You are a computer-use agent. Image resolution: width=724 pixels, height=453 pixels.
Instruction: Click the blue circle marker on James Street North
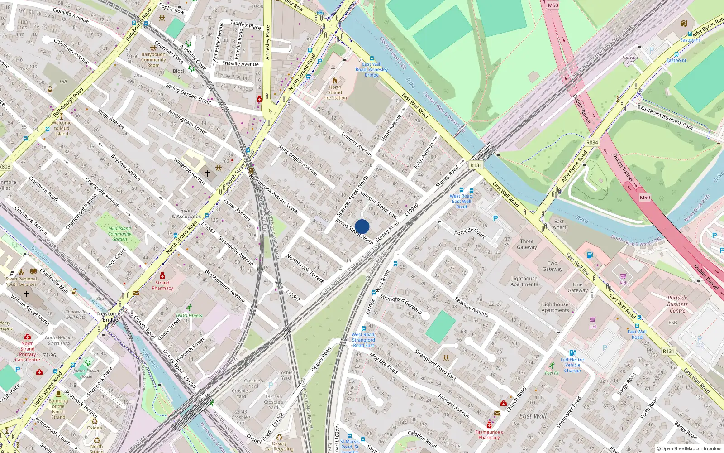pyautogui.click(x=362, y=226)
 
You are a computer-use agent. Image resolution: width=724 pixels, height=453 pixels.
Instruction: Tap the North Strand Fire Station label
pyautogui.click(x=335, y=92)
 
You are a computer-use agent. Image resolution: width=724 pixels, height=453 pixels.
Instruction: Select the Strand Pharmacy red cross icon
pyautogui.click(x=162, y=275)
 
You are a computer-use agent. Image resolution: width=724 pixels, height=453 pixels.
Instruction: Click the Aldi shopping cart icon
pyautogui.click(x=623, y=276)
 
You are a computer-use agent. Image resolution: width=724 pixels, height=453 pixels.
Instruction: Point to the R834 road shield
pyautogui.click(x=592, y=142)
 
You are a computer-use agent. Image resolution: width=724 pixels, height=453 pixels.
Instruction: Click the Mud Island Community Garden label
pyautogui.click(x=119, y=234)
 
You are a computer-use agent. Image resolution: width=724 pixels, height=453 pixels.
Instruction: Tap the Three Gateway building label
pyautogui.click(x=527, y=244)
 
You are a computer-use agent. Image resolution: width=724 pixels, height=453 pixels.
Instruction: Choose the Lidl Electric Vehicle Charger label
pyautogui.click(x=572, y=365)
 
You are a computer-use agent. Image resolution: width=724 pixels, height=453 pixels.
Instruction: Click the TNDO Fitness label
pyautogui.click(x=189, y=315)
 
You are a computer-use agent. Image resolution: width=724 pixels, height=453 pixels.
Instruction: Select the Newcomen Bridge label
pyautogui.click(x=110, y=316)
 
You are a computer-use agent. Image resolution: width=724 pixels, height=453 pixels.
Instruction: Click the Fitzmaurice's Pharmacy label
pyautogui.click(x=489, y=435)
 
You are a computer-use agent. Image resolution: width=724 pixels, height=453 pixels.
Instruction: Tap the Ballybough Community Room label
pyautogui.click(x=153, y=60)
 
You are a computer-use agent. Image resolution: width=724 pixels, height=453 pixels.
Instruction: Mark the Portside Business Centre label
pyautogui.click(x=677, y=304)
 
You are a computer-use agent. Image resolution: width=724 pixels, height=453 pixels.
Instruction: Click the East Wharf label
pyautogui.click(x=559, y=224)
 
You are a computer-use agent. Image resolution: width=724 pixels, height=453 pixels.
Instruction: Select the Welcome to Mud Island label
pyautogui.click(x=62, y=128)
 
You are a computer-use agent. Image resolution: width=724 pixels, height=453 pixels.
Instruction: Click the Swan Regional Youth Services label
pyautogui.click(x=21, y=282)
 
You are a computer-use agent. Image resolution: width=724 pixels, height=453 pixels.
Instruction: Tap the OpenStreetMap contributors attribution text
pyautogui.click(x=689, y=448)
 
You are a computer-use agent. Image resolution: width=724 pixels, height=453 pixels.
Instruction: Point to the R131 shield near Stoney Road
pyautogui.click(x=476, y=165)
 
